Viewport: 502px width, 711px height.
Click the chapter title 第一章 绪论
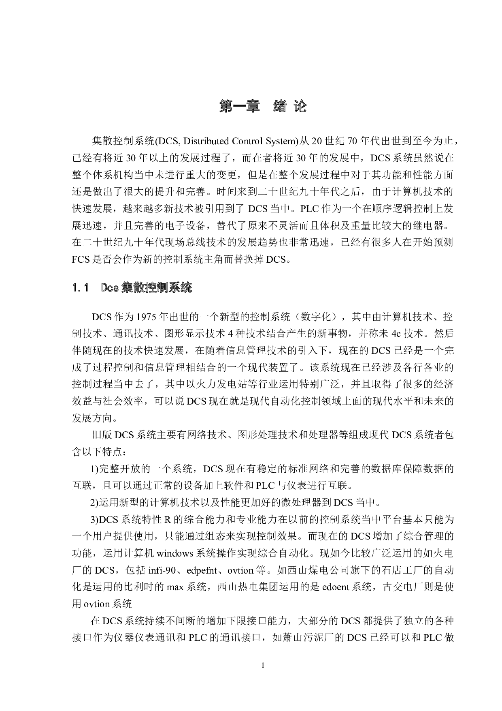[263, 106]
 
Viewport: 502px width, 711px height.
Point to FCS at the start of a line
[81, 259]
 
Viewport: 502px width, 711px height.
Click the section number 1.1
[81, 288]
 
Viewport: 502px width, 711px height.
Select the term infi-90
[162, 570]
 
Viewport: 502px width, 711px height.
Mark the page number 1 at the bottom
[263, 665]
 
